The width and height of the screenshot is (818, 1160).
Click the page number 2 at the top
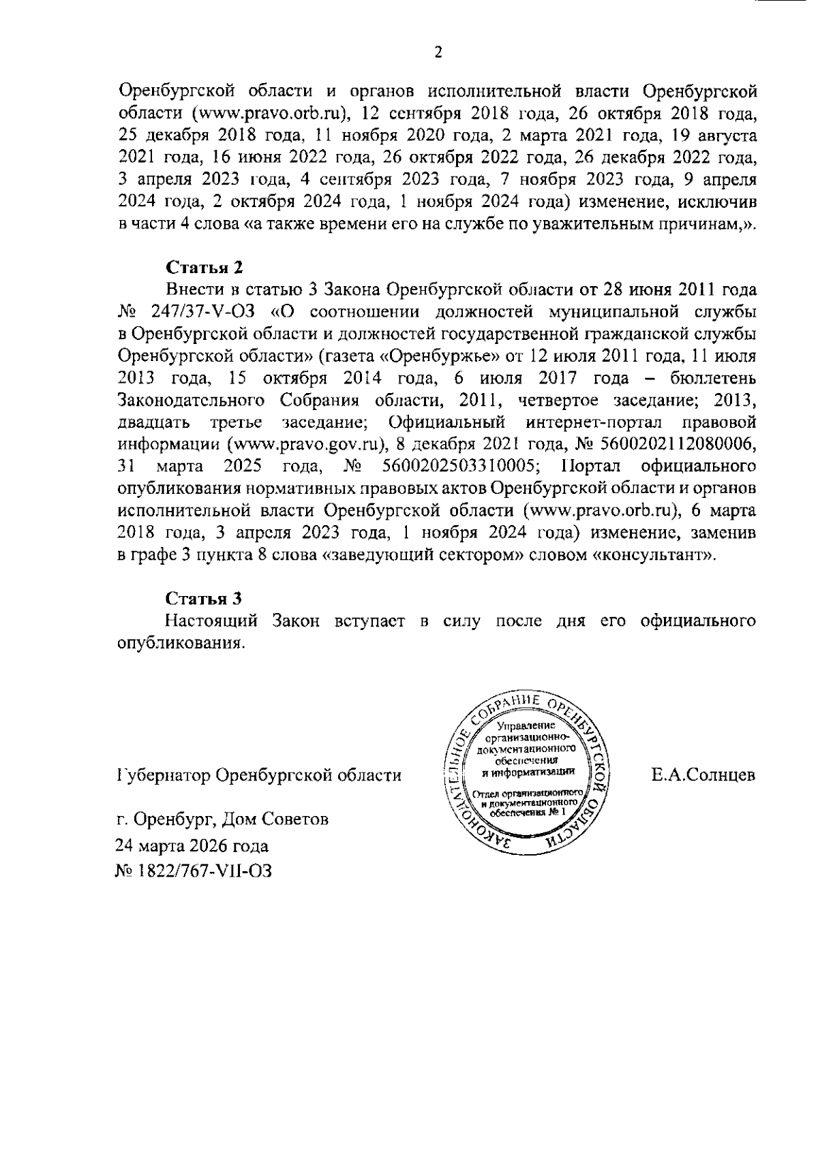(438, 52)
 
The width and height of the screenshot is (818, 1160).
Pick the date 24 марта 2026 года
(192, 846)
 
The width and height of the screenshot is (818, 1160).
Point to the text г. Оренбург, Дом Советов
(222, 819)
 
